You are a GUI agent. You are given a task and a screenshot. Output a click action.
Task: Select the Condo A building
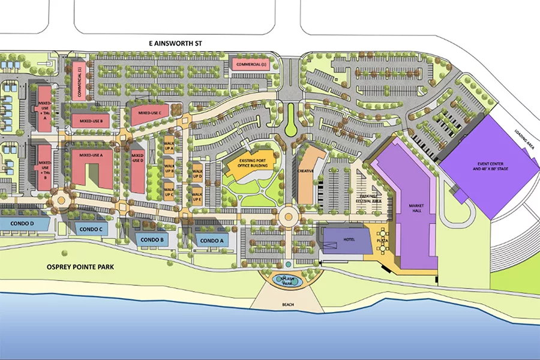(x=211, y=241)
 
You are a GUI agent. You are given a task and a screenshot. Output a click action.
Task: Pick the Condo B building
(x=152, y=240)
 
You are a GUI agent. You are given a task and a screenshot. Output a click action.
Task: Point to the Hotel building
(x=343, y=240)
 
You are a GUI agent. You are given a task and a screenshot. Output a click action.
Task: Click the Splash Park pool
(x=286, y=280)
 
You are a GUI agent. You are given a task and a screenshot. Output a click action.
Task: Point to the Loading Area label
(x=525, y=140)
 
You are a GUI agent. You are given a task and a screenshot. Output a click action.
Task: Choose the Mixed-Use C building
(x=151, y=113)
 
